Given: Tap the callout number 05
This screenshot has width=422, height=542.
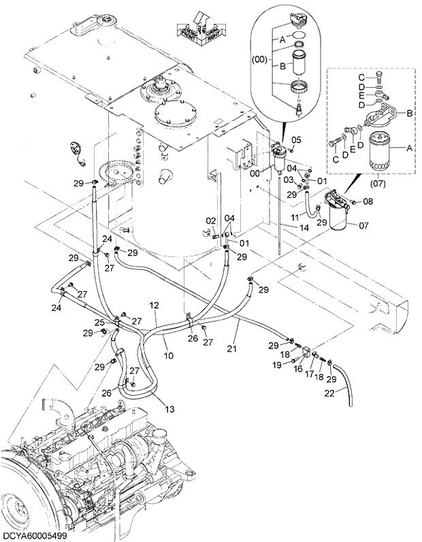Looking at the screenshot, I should pos(295,139).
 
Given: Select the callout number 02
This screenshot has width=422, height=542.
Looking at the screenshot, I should pos(211,220).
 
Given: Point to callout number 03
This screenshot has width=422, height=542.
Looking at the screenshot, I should pos(288,179).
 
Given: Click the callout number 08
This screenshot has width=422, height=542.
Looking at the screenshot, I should pos(368,201).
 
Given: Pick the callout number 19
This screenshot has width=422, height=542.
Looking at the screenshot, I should pos(278,366).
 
